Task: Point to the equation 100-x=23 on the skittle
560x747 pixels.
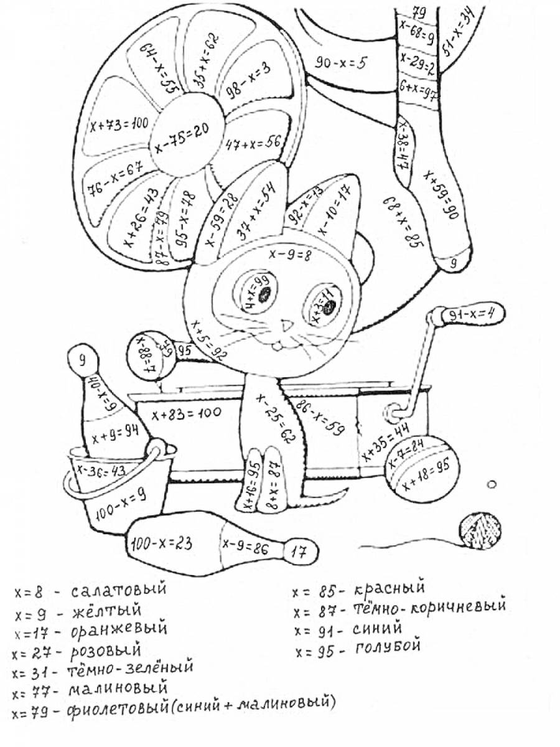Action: tap(161, 543)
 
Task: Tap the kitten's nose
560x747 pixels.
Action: tap(286, 325)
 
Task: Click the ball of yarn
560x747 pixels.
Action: tap(479, 530)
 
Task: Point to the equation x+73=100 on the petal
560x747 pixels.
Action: tap(119, 125)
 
